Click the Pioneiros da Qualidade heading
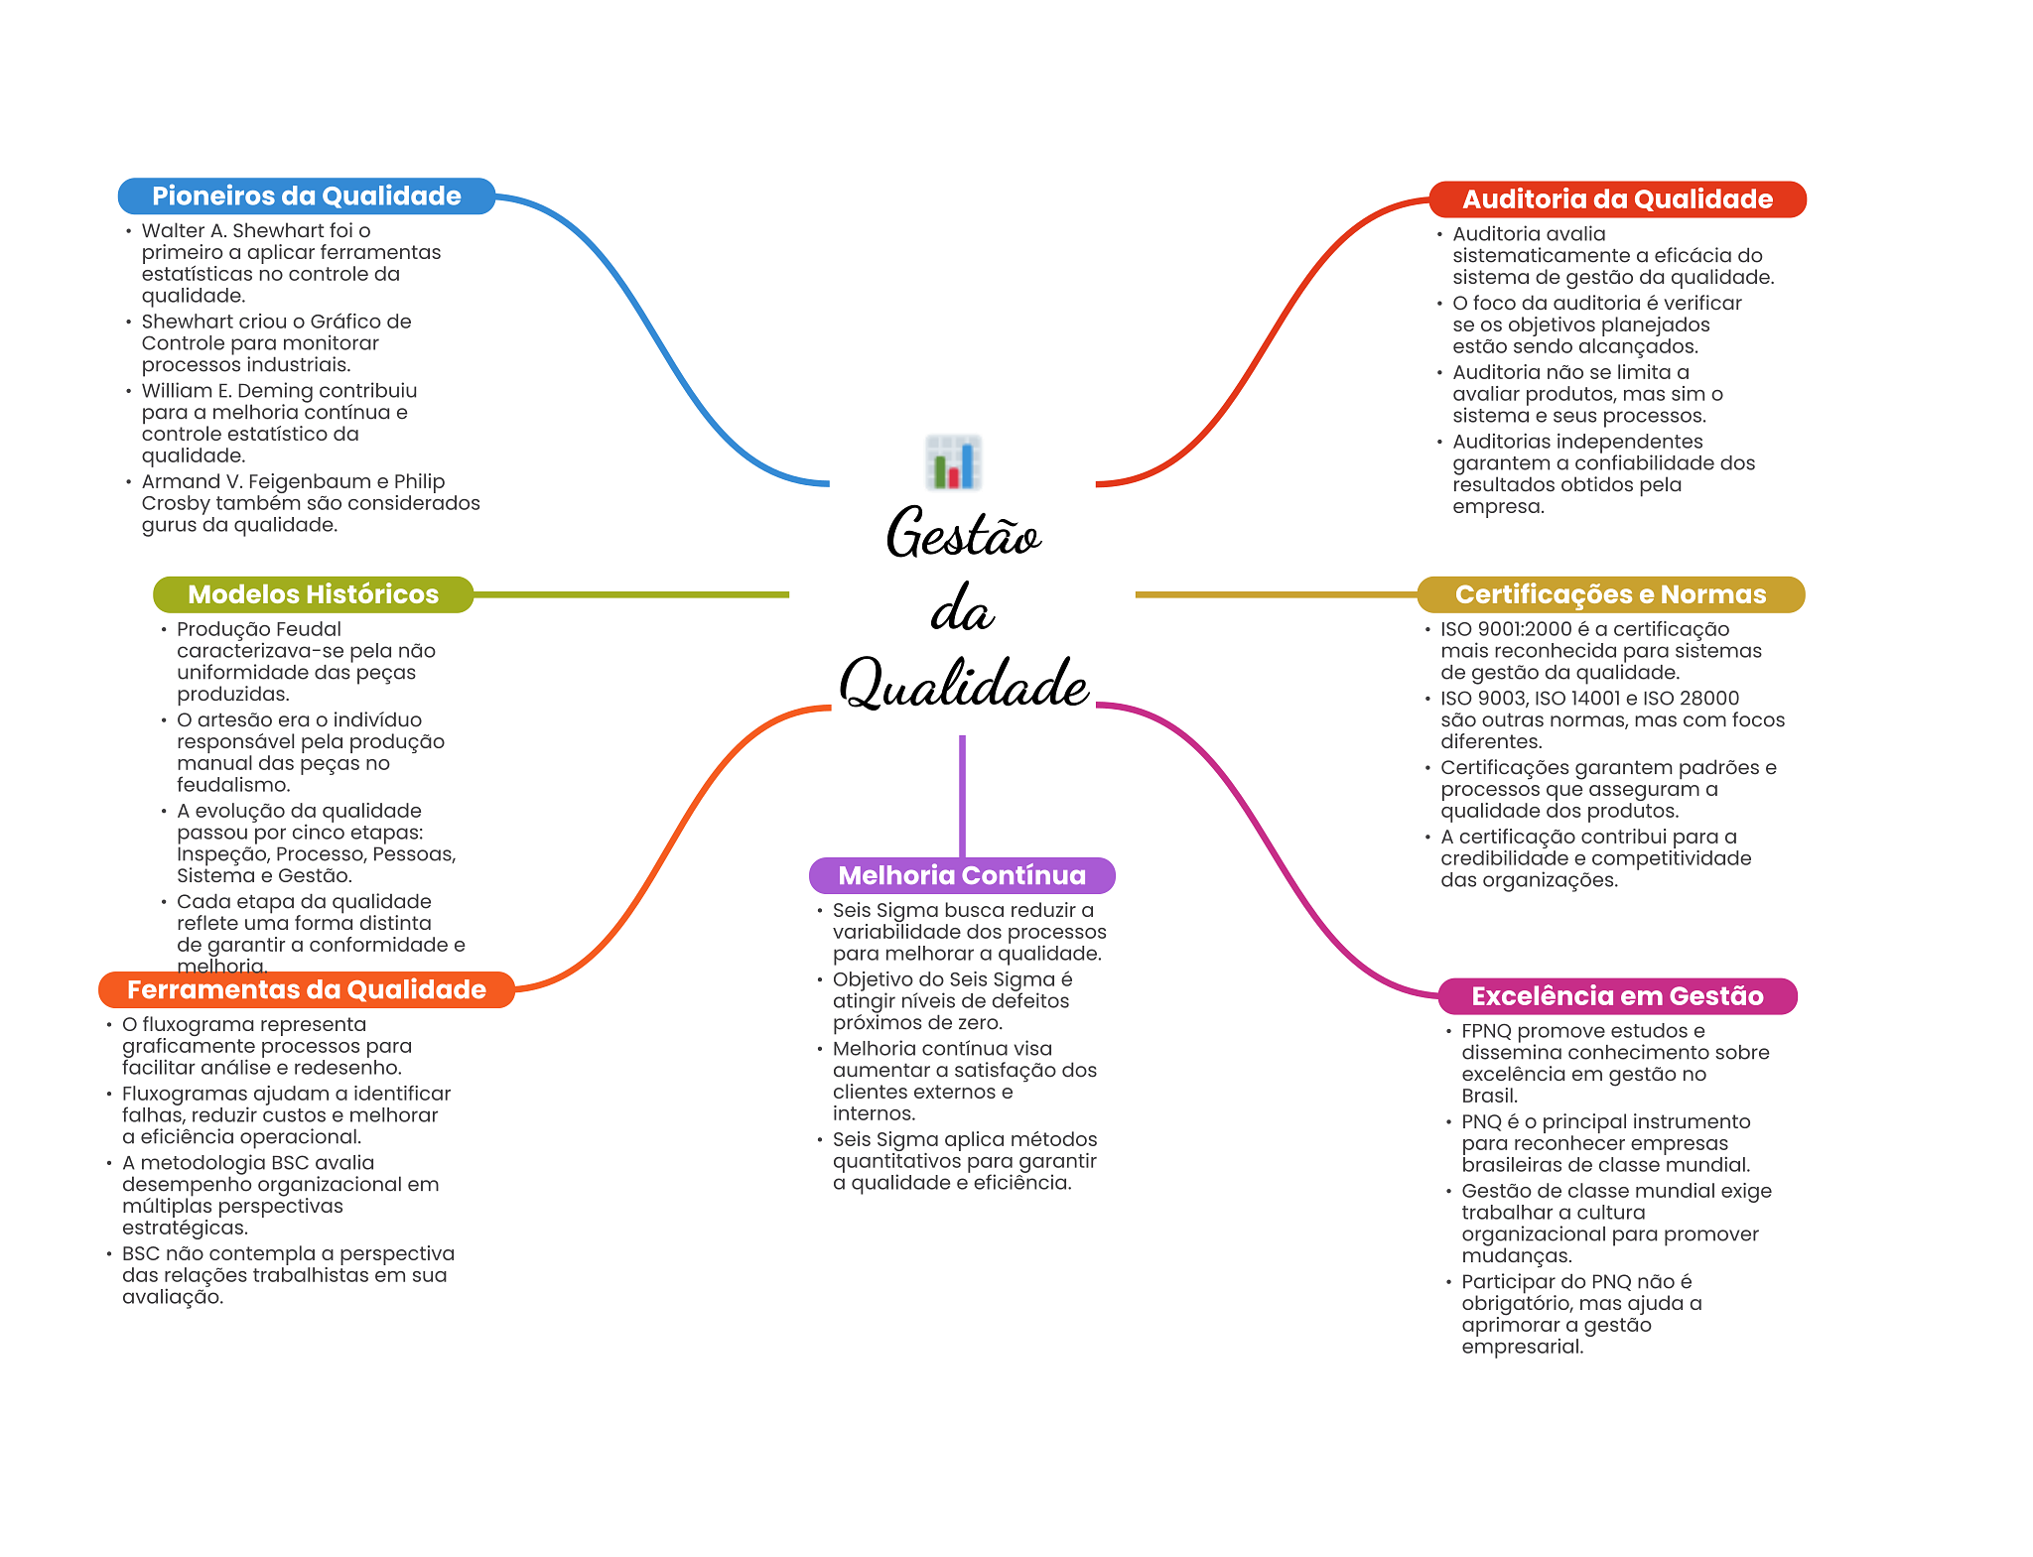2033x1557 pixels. coord(306,195)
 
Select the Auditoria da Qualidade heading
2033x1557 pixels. coord(1617,198)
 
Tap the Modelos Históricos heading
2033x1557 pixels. coord(313,594)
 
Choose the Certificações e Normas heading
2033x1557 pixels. coord(1610,594)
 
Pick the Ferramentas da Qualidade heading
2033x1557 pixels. coord(306,989)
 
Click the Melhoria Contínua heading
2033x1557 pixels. coord(962,875)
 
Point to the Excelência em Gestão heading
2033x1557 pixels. coord(1617,996)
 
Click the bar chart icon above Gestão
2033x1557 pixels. coord(954,462)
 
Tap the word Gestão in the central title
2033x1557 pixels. coord(963,533)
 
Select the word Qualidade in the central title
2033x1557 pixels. coord(964,684)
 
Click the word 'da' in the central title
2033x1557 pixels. coord(962,609)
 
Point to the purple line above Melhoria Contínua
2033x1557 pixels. coord(962,796)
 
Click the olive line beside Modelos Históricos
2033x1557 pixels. coord(631,594)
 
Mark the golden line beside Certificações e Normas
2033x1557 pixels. coord(1277,594)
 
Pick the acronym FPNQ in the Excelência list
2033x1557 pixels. coord(1487,1031)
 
